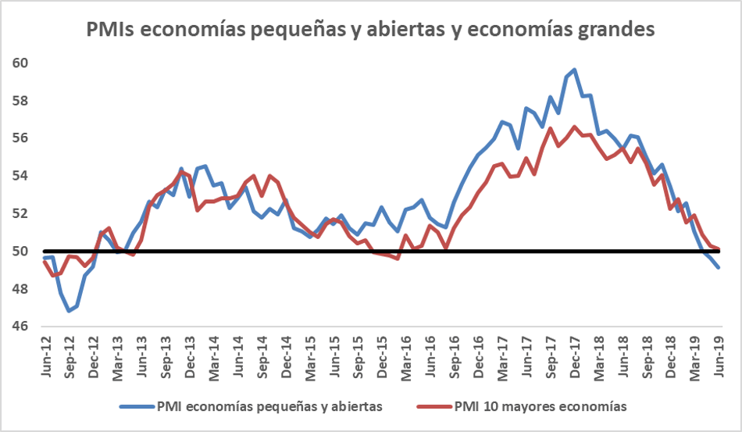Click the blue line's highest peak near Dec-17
point(575,70)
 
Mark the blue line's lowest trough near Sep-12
point(69,311)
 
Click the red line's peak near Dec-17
point(575,127)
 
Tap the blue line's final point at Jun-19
point(719,267)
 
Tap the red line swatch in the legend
point(432,406)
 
